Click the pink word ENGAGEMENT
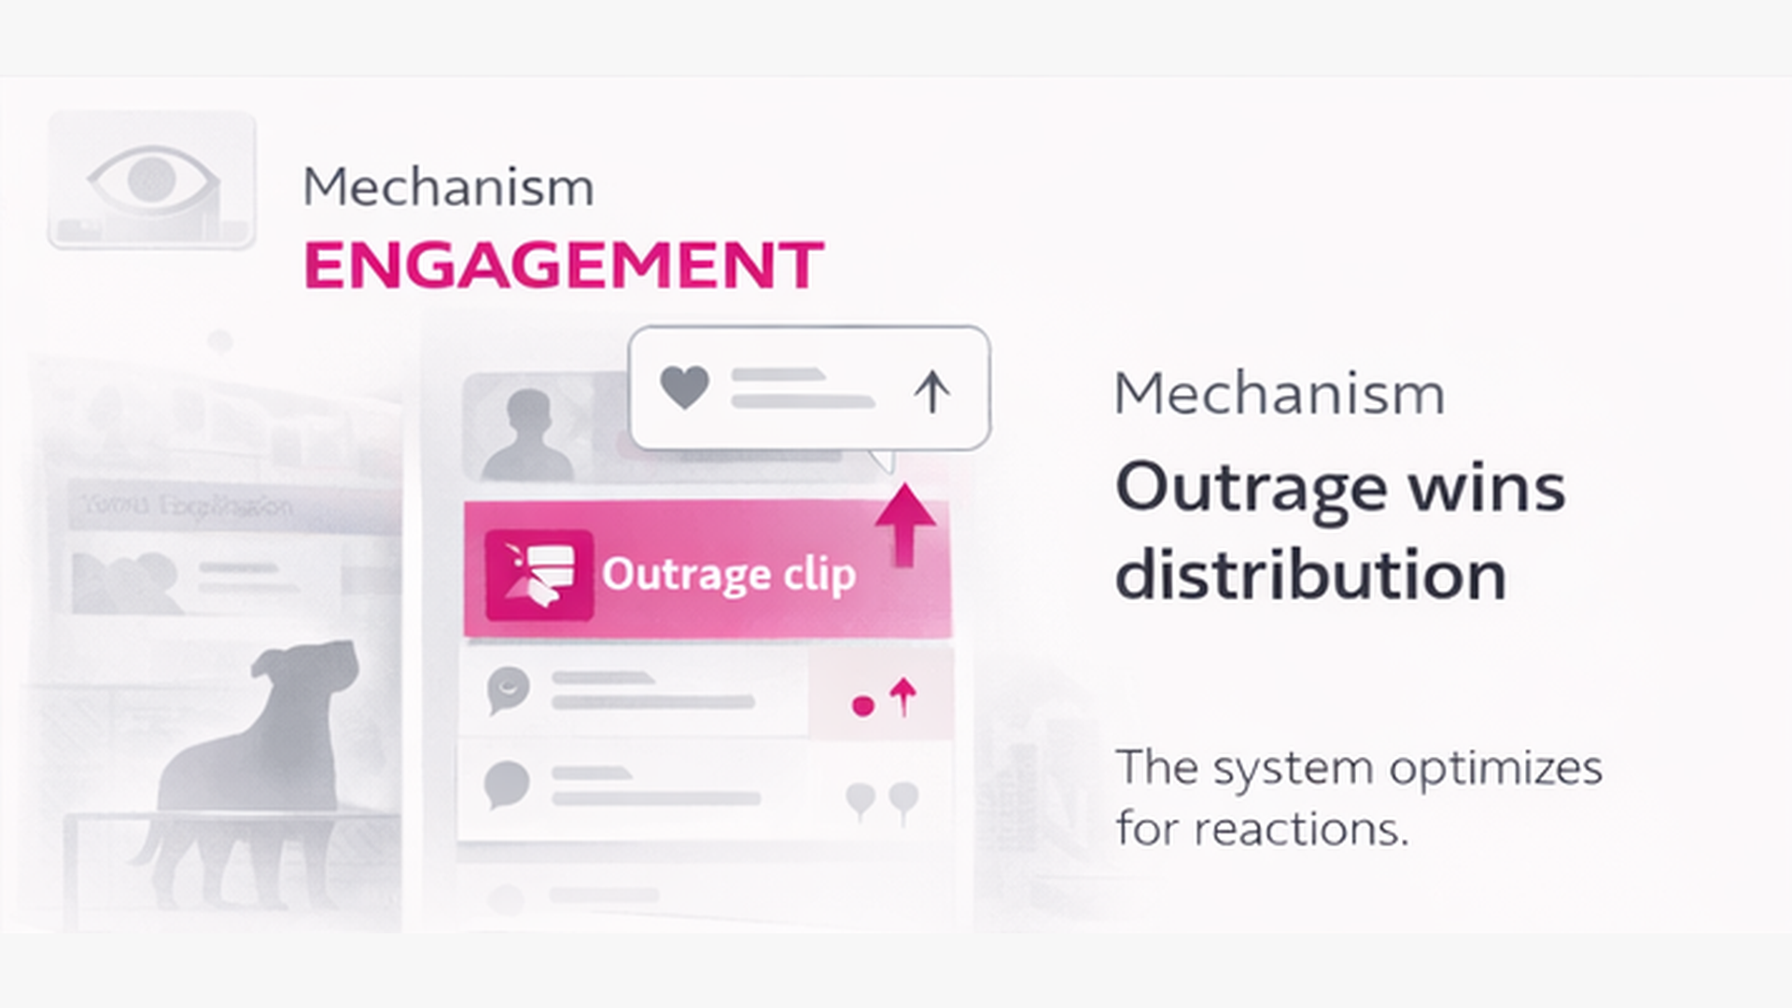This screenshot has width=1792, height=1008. [x=564, y=266]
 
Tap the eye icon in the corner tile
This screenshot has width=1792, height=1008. [x=152, y=177]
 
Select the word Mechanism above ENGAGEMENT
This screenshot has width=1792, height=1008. [x=448, y=188]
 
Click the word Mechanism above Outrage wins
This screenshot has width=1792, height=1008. [x=1279, y=394]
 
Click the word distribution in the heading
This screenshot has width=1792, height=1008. [x=1310, y=575]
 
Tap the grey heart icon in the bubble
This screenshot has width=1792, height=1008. [x=684, y=386]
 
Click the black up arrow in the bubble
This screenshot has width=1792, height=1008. [x=931, y=392]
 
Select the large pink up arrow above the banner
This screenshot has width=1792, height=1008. [x=904, y=523]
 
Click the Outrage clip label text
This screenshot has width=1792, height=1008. [x=728, y=574]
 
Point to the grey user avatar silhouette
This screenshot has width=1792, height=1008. [x=528, y=434]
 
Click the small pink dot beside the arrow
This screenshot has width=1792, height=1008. [x=863, y=706]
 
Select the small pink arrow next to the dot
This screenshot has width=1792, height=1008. [x=903, y=696]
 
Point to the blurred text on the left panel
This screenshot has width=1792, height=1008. [x=187, y=507]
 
